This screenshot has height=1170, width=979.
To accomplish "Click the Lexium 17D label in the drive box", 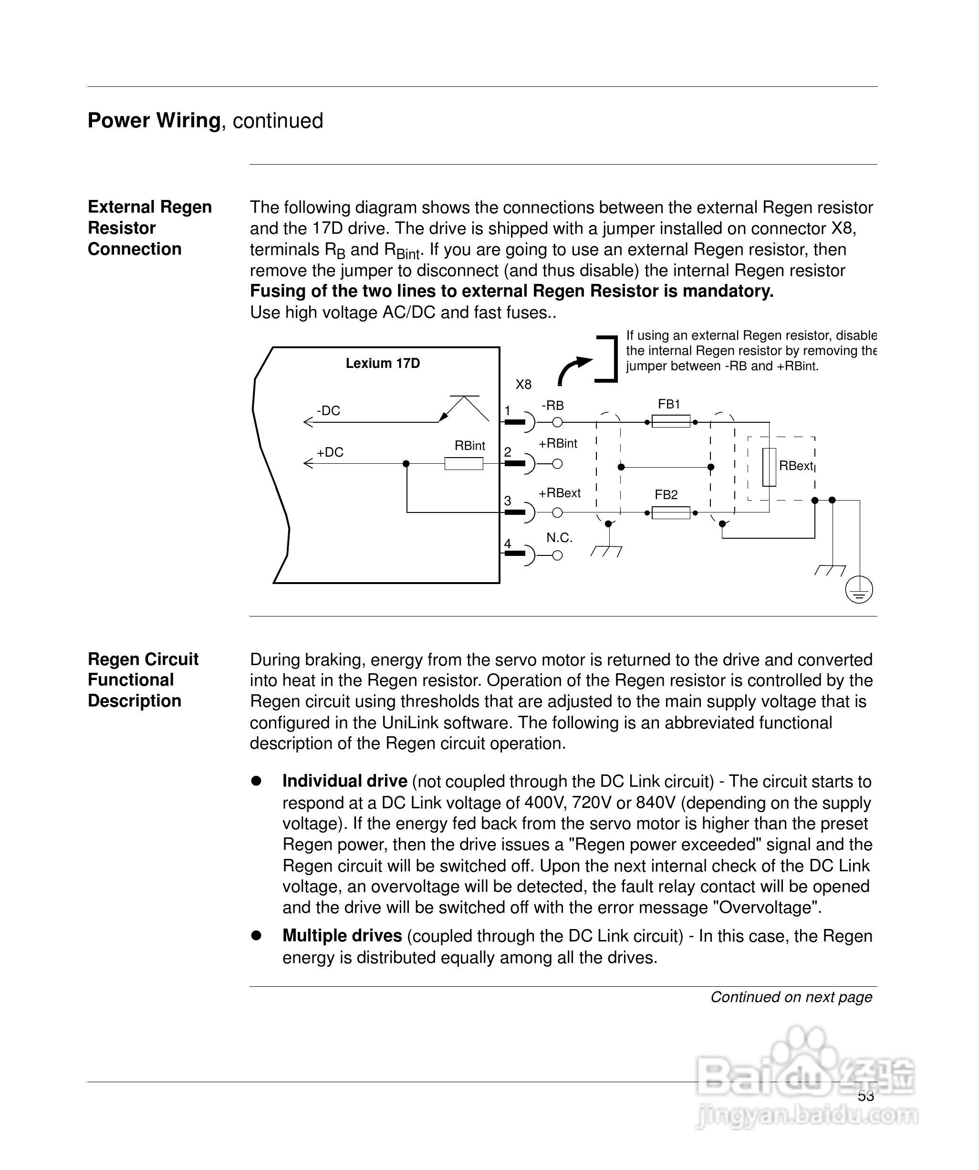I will point(383,363).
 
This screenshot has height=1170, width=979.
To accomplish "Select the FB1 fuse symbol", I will point(671,421).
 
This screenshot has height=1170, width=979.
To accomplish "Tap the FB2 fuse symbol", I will point(671,512).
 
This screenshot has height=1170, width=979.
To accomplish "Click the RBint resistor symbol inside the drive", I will point(464,463).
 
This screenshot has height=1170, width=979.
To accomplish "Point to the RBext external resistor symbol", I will point(769,467).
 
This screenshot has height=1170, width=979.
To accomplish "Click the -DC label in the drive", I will point(328,411).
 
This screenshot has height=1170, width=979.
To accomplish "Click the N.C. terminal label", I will point(560,538).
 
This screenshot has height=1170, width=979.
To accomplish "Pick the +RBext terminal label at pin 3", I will point(560,493).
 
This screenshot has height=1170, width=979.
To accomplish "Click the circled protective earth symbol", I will point(859,590).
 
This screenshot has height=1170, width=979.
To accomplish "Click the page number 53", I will point(866,1096).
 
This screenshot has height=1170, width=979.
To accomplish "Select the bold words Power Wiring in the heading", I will point(154,120).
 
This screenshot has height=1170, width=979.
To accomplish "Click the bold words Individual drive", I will point(344,781).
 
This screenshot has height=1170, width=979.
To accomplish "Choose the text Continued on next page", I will point(791,997).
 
